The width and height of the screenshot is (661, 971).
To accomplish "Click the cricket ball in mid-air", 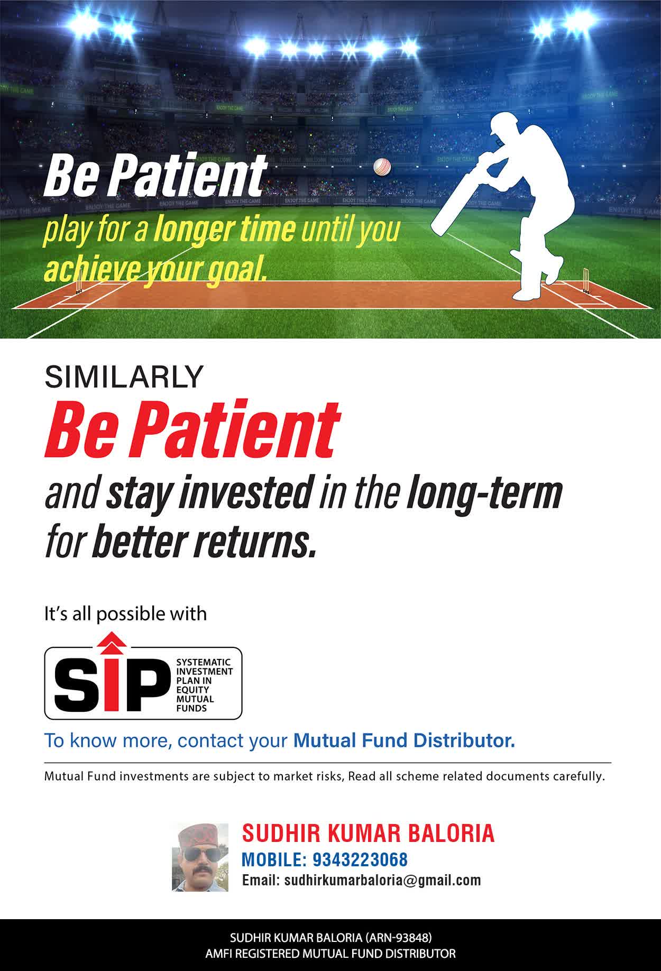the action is tap(382, 167).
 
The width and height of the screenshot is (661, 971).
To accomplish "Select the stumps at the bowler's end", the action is tap(79, 280).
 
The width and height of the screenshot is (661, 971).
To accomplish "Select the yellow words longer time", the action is tap(224, 230).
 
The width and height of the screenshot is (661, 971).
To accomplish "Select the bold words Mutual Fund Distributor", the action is tap(404, 740).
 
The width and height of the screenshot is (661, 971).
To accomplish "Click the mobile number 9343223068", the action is tap(360, 859).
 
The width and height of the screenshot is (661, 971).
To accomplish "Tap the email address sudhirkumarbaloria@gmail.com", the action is tap(383, 881).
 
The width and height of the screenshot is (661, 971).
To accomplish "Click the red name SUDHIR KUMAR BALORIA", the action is tap(368, 833).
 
